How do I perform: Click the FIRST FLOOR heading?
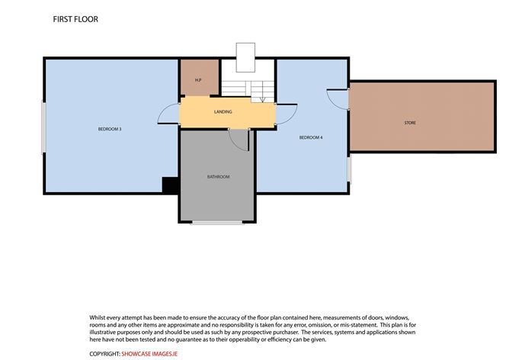[75, 19]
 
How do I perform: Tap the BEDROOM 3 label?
[110, 129]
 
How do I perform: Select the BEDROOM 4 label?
[311, 137]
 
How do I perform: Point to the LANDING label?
[223, 112]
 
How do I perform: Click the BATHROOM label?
[219, 177]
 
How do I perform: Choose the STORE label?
[410, 123]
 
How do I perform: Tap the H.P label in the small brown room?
[198, 80]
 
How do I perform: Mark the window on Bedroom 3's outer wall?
[43, 127]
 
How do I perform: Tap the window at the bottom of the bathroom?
[217, 223]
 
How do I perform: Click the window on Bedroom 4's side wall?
[350, 169]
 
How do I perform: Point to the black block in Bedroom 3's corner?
[171, 185]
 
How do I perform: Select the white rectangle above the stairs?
[245, 57]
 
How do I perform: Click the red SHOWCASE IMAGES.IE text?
[149, 354]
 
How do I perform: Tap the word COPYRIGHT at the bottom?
[105, 354]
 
